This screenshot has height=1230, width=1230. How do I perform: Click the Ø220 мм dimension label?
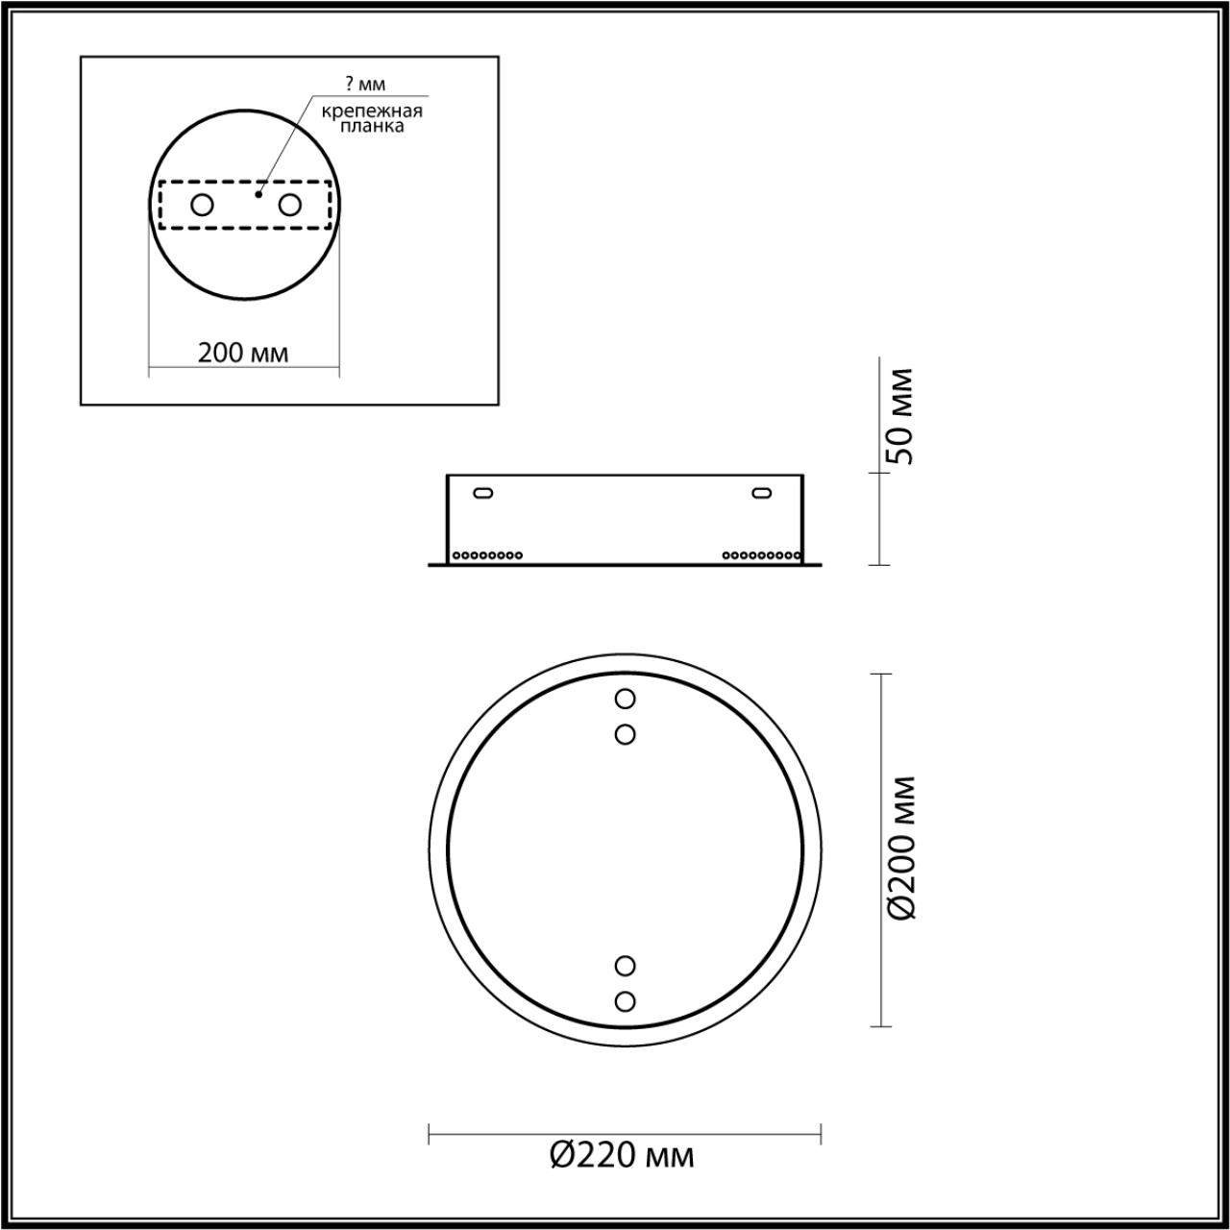coord(623,1154)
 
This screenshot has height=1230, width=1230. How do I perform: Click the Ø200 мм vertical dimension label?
coord(902,848)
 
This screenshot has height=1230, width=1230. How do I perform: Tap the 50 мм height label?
coord(902,415)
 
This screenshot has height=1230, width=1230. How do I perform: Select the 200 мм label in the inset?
coord(243,353)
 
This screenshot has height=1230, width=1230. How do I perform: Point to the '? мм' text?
coord(365,85)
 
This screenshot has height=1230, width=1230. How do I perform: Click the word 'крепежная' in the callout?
coord(372,111)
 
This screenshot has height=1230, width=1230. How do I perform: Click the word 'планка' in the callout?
coord(372,127)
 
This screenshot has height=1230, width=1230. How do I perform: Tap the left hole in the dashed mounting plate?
coord(202,205)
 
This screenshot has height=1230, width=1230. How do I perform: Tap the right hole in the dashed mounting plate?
coord(289,205)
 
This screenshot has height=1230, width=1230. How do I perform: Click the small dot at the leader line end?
coord(258,194)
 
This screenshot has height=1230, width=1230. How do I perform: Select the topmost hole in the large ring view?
coord(625,698)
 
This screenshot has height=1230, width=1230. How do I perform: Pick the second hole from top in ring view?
coord(625,735)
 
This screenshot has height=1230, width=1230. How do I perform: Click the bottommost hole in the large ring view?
coord(625,1001)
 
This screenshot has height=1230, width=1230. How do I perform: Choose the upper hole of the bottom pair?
coord(625,964)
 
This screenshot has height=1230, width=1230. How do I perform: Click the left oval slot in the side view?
coord(484,493)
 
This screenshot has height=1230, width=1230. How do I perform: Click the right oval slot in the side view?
coord(761,493)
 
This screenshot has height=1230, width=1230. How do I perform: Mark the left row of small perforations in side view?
coord(487,554)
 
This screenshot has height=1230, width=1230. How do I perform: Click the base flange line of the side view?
coord(625,565)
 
